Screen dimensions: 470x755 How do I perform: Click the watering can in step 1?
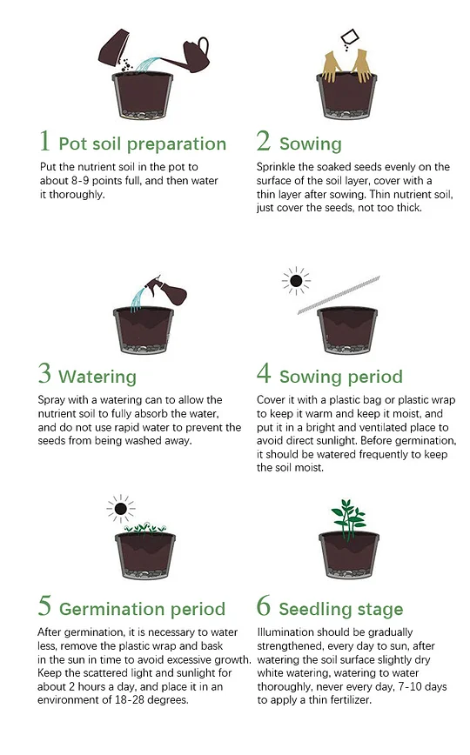tap(193, 56)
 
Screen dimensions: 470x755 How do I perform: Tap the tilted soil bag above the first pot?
tap(114, 47)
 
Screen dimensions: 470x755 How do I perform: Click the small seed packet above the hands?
tap(350, 37)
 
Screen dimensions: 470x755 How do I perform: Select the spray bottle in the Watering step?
tap(167, 289)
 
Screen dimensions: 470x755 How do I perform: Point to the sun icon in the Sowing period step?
tap(297, 281)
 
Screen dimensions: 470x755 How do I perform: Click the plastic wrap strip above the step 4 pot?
tap(339, 295)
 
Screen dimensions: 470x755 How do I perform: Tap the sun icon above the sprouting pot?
tap(121, 509)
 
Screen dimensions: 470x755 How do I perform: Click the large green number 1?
tap(45, 141)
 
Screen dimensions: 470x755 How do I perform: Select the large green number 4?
tap(264, 373)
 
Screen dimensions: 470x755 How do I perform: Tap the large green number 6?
tap(264, 605)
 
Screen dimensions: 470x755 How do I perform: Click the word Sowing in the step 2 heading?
tap(311, 144)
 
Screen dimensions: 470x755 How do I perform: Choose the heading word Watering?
tap(97, 377)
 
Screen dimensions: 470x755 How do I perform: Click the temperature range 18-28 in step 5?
tap(129, 699)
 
